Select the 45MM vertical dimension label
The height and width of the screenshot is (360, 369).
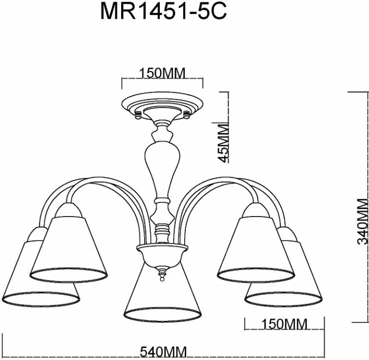(224, 142)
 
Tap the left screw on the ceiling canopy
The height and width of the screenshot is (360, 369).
(138, 113)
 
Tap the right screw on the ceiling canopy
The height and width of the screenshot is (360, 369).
(186, 113)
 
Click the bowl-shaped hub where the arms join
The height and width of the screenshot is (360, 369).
(162, 255)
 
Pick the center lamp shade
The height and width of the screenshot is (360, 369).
(162, 295)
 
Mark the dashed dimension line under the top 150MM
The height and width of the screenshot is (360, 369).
(162, 80)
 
